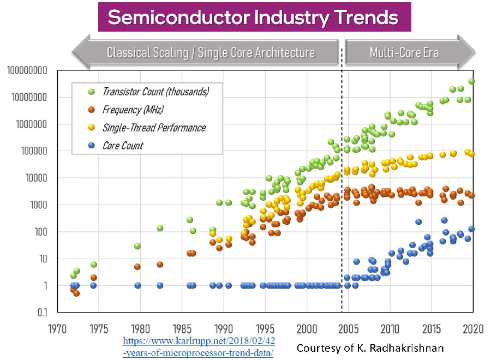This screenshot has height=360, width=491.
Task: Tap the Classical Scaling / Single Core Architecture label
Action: coord(211,52)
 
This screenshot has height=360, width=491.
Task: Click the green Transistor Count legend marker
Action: coord(91,91)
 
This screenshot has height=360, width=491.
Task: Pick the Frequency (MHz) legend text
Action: coord(133,110)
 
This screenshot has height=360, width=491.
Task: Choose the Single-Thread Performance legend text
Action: coord(154,128)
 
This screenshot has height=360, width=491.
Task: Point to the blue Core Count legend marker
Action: coord(91,146)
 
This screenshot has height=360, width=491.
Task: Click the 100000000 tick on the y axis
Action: coord(33,70)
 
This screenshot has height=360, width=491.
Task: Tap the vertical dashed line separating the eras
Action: coord(342,191)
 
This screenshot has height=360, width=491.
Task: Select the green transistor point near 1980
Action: coord(137,246)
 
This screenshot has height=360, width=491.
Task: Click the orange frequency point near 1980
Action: coord(137,267)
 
